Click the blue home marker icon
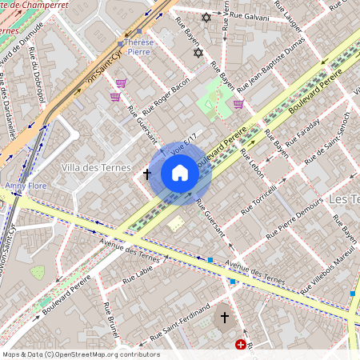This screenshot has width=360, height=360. [x=180, y=173]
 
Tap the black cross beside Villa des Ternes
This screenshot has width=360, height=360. [x=147, y=173]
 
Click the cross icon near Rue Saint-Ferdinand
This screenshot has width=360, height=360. [x=225, y=318]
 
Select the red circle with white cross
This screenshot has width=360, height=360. [x=241, y=345]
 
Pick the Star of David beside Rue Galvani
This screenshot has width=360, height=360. [x=206, y=18]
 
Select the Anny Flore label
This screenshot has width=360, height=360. [x=26, y=186]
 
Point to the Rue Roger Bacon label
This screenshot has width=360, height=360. [x=166, y=95]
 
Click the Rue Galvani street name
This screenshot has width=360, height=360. [x=248, y=15]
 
